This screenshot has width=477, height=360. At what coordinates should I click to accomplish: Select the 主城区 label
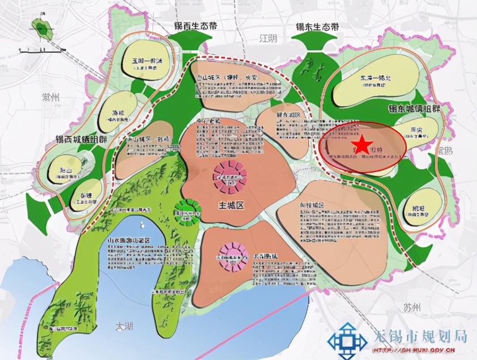[232, 206]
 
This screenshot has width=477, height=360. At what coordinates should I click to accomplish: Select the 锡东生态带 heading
[317, 27]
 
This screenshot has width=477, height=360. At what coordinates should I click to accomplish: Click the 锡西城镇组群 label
[81, 139]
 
